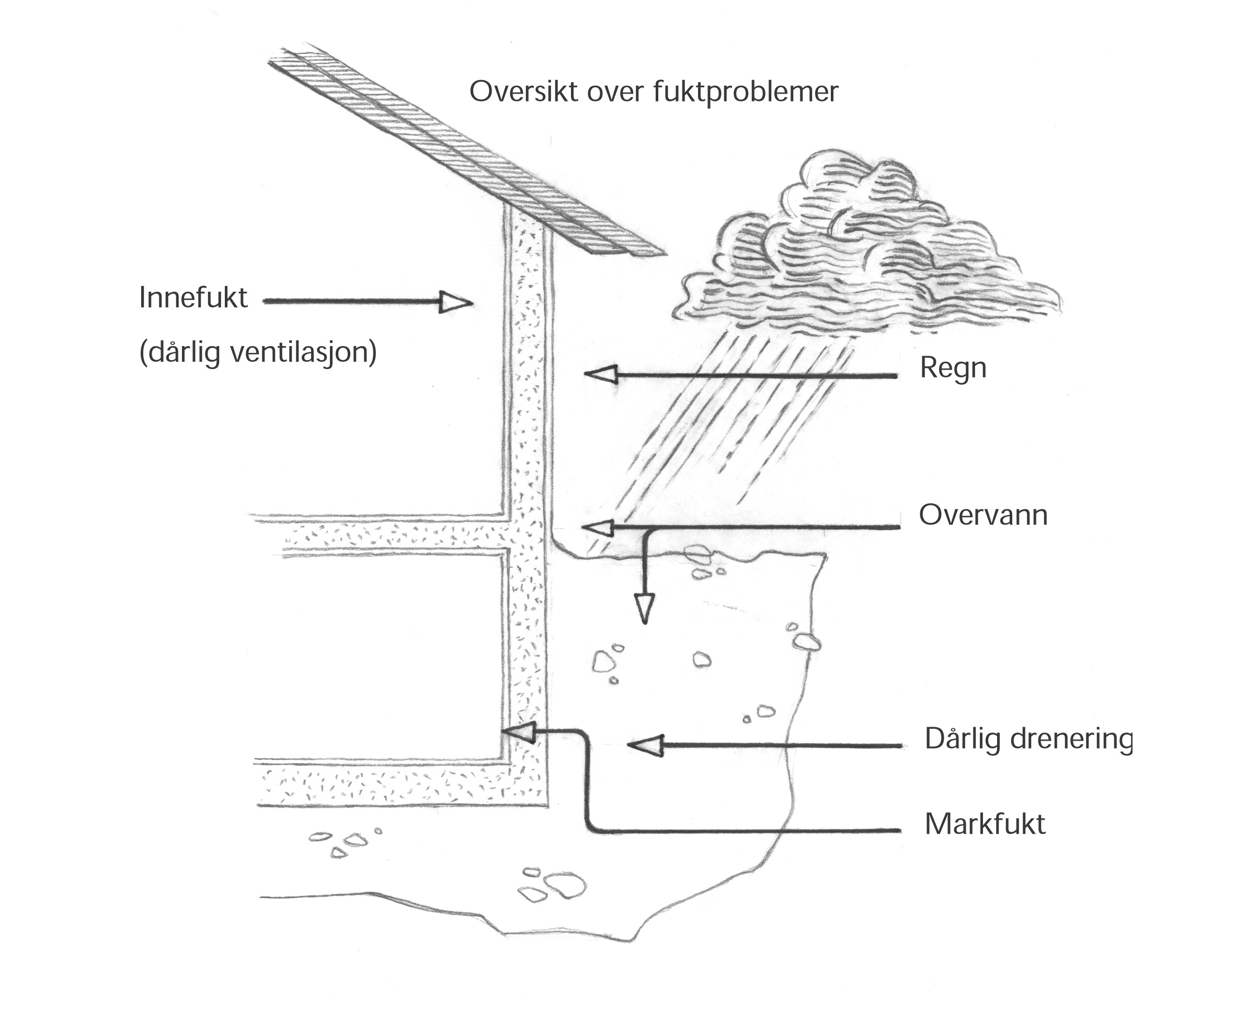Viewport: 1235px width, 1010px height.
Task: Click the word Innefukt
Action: click(193, 298)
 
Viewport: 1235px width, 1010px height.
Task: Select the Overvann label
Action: click(983, 515)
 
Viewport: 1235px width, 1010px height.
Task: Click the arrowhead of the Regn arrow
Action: click(601, 375)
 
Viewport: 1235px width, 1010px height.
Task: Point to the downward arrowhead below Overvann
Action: click(644, 609)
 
